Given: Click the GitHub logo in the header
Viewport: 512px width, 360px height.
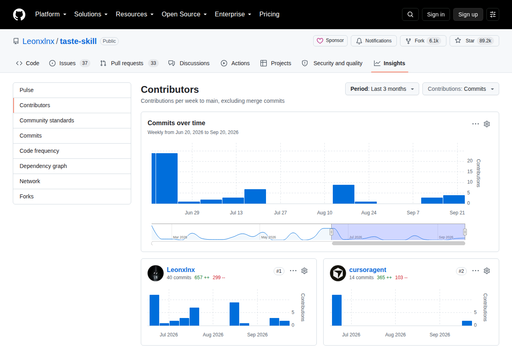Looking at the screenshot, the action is [19, 14].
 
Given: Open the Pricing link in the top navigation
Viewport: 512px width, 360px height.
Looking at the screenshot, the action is [269, 14].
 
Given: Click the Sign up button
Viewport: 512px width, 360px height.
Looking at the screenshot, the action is [468, 14].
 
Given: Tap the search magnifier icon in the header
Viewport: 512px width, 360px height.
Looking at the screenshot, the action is [410, 14].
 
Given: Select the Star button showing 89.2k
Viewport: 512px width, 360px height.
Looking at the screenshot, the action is [474, 41].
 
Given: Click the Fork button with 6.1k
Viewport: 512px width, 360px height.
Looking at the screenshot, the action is [423, 41].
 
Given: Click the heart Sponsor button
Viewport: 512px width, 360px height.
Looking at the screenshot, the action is [330, 41].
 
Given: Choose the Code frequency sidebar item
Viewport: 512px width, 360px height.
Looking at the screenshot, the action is [39, 151].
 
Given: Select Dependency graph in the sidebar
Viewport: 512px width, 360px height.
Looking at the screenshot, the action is [43, 166].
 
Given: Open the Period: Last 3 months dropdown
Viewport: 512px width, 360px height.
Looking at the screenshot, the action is [382, 89].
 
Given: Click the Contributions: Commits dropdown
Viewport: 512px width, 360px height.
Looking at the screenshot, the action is [460, 89].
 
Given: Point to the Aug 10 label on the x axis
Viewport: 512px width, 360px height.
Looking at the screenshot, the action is [324, 212].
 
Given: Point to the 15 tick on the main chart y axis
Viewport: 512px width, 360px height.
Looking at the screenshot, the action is [470, 172].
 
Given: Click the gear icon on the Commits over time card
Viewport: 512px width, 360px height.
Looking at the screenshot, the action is [487, 124].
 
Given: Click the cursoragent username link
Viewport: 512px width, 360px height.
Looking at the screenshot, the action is [368, 270].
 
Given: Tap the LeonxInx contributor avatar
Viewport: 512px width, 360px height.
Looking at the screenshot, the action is [156, 273].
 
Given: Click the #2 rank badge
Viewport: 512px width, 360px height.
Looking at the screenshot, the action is [461, 271].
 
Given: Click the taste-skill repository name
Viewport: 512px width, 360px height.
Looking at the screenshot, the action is [78, 41].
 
